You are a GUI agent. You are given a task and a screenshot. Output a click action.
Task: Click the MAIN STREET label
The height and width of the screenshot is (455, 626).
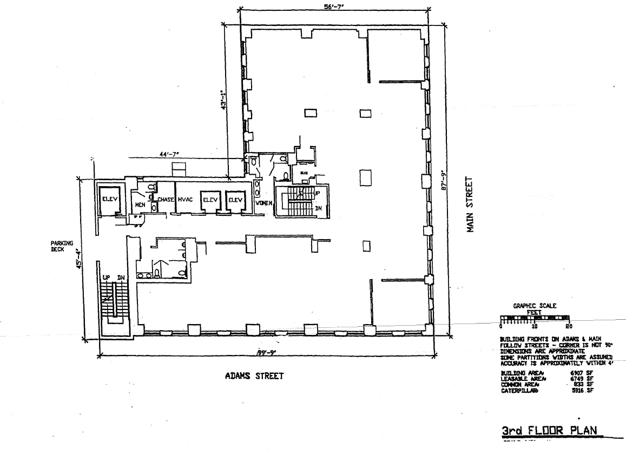tap(471, 205)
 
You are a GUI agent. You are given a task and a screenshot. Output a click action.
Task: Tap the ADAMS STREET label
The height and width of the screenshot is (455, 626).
tap(254, 376)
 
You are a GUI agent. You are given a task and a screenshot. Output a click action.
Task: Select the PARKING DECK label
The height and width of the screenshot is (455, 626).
tap(62, 246)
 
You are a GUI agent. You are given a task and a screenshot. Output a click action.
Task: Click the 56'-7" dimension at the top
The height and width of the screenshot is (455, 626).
tap(334, 7)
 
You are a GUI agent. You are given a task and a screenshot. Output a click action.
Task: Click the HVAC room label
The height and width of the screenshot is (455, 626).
tap(185, 200)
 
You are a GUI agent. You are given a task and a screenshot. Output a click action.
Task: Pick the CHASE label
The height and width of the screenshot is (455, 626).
tap(166, 200)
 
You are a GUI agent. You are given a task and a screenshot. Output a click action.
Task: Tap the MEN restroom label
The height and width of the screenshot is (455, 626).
tap(140, 205)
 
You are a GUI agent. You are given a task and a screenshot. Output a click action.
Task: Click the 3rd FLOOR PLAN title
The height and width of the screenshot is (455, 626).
tap(550, 431)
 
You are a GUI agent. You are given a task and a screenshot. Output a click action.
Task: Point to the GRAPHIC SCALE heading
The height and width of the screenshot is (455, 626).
tap(535, 306)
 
